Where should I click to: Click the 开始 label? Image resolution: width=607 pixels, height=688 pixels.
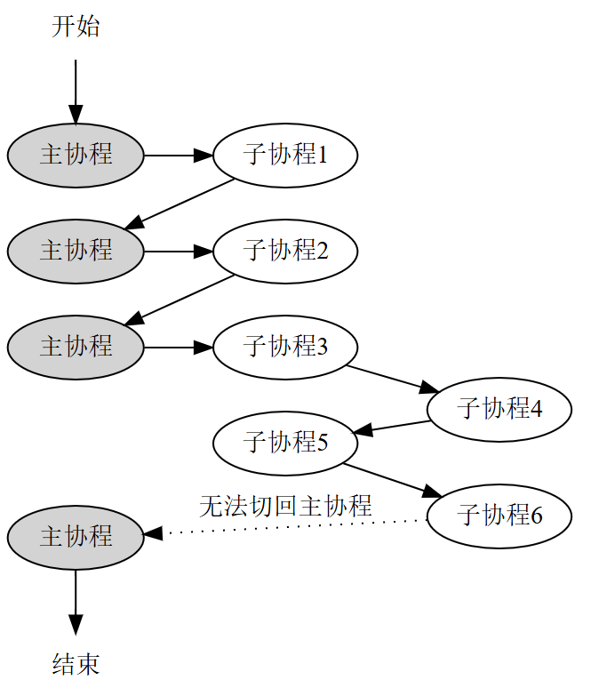point(76,27)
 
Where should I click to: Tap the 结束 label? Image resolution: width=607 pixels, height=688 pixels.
point(76,664)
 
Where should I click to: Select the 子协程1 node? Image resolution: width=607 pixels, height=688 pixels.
point(285,156)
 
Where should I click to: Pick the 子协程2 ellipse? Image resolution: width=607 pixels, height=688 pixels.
point(285,252)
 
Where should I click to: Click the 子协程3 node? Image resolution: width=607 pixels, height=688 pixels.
point(285,347)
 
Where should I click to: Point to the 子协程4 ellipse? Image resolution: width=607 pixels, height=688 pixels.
point(499,410)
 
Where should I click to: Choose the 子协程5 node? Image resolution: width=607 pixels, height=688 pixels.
point(285,442)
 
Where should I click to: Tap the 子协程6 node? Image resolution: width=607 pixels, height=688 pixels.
point(499,516)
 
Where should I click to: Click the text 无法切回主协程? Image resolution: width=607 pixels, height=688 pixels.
point(284,506)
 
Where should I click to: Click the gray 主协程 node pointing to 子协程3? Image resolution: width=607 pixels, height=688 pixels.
point(76,347)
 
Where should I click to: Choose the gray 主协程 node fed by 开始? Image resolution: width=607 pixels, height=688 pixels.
point(76,156)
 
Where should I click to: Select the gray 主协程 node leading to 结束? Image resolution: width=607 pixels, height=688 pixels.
point(76,537)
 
